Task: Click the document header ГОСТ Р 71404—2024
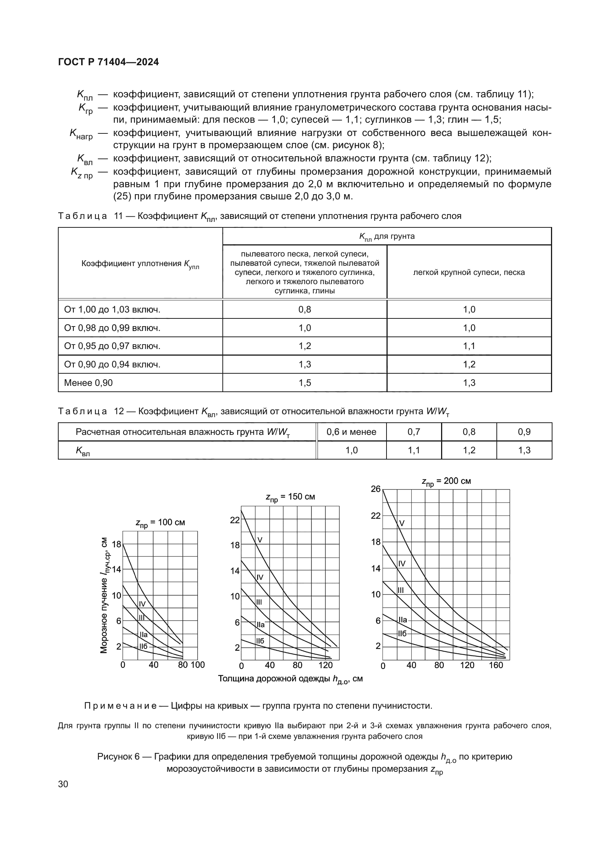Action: (x=108, y=62)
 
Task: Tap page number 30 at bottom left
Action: (x=63, y=784)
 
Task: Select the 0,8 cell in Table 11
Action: (x=305, y=309)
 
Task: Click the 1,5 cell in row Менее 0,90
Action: (x=305, y=383)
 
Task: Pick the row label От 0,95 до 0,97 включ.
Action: (x=112, y=346)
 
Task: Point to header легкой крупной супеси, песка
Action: (x=469, y=272)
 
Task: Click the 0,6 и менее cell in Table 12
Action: (x=351, y=432)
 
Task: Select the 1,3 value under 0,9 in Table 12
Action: (x=524, y=450)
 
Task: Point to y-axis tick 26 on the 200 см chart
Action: (x=375, y=489)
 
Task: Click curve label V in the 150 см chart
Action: (x=260, y=540)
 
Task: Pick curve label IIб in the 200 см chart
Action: (x=402, y=634)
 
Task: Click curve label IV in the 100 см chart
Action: (x=142, y=604)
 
